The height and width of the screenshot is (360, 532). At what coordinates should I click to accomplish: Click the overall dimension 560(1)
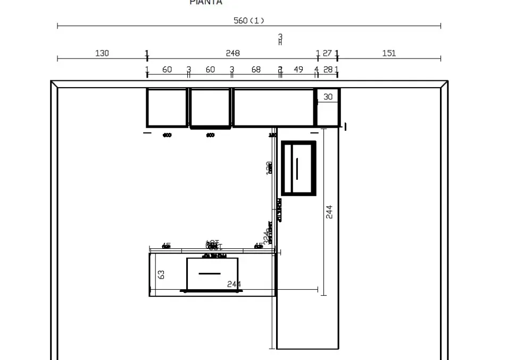(x=249, y=21)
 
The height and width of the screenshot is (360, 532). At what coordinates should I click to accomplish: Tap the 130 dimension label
(x=102, y=53)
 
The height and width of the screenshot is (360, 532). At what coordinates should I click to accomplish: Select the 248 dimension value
(x=232, y=53)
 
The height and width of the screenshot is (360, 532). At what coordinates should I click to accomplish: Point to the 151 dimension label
(x=389, y=53)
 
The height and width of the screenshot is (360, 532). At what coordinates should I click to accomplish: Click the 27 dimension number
(x=327, y=53)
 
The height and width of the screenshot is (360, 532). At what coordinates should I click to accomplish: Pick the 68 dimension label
(x=256, y=70)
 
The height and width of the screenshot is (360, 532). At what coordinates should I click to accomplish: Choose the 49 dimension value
(x=298, y=70)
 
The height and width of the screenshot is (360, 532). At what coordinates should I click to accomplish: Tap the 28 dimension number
(x=328, y=70)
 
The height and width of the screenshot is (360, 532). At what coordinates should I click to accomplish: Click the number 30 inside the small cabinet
(x=328, y=97)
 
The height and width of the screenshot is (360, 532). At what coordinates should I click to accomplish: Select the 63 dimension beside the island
(x=161, y=274)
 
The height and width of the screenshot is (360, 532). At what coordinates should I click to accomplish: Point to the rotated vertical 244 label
(x=329, y=212)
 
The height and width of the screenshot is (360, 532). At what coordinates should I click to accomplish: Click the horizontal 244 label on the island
(x=234, y=284)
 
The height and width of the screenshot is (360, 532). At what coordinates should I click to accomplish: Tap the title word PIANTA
(x=206, y=3)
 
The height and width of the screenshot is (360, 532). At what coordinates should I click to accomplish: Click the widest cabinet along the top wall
(x=273, y=108)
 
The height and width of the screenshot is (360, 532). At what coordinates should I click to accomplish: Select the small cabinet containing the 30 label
(x=328, y=108)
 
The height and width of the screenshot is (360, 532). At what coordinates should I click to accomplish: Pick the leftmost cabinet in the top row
(x=167, y=108)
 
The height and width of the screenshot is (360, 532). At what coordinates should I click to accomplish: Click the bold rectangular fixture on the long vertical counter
(x=298, y=168)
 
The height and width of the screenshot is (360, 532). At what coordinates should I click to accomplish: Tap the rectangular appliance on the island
(x=212, y=274)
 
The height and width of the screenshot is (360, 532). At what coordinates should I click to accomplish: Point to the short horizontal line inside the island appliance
(x=209, y=273)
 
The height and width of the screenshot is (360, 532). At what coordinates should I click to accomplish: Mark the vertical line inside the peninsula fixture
(x=297, y=169)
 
